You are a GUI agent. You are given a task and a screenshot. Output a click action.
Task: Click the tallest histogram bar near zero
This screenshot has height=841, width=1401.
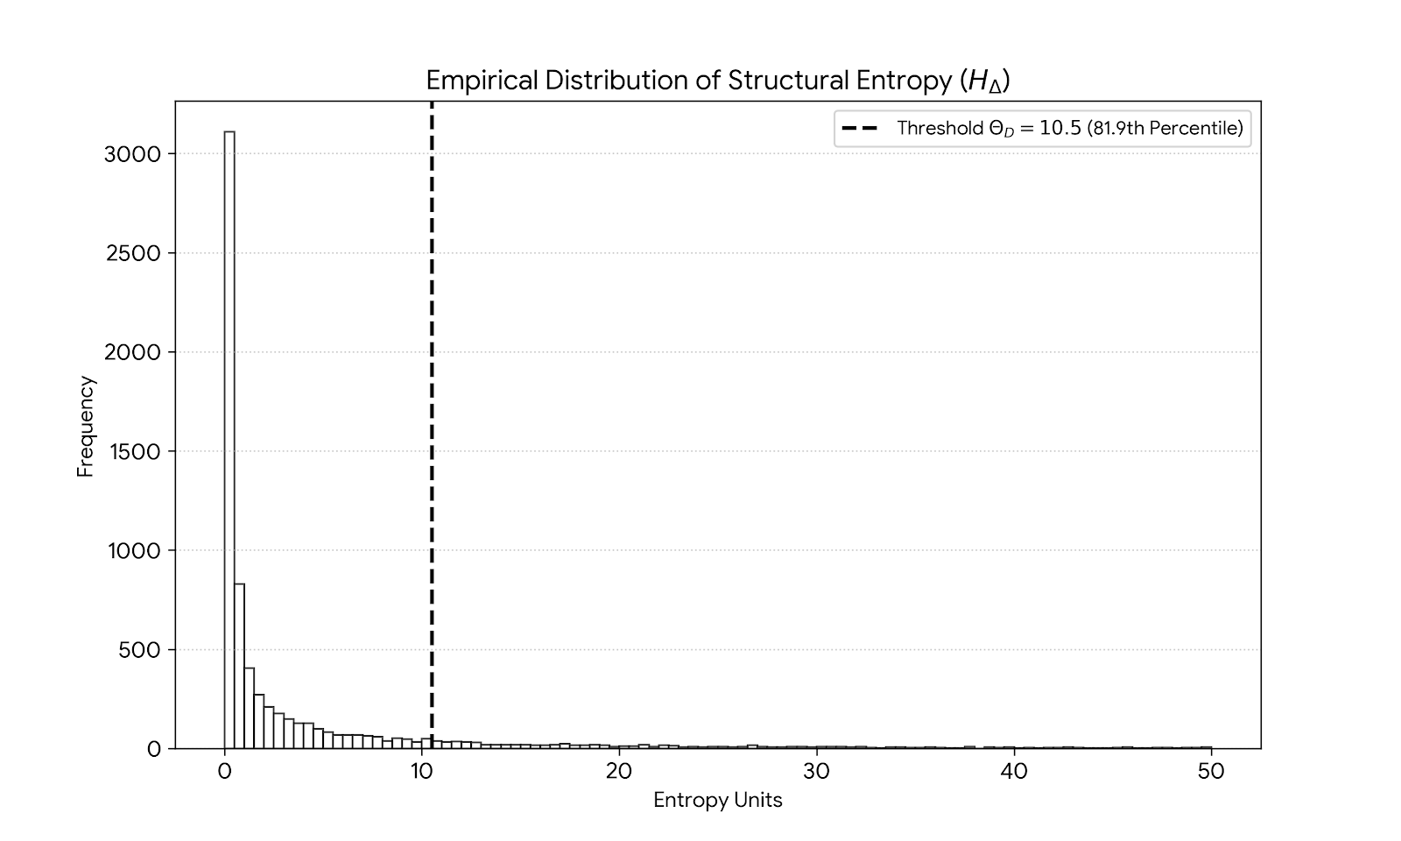point(229,438)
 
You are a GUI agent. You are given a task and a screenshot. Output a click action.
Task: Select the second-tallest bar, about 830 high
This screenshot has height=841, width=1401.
point(239,666)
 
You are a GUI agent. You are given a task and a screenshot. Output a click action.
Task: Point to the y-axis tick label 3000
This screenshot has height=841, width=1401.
point(133,154)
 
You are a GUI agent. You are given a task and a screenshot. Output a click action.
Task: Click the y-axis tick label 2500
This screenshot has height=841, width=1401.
point(133,253)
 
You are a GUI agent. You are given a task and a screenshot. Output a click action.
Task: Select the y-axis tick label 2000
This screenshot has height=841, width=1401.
point(133,352)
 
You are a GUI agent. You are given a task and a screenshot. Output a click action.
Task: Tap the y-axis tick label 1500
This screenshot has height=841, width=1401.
point(133,452)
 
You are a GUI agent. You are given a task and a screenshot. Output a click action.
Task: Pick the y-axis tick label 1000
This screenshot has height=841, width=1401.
point(133,551)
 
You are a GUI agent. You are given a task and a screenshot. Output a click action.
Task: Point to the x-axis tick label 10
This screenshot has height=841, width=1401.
point(422,772)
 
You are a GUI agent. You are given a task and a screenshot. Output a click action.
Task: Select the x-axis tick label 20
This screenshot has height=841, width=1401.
point(619,772)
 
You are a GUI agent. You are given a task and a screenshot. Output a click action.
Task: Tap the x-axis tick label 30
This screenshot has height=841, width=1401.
point(817,772)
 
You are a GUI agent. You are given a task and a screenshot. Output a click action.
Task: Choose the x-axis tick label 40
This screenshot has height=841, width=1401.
point(1014,772)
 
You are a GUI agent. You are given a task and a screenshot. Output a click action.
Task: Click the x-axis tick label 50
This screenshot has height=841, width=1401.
point(1211,772)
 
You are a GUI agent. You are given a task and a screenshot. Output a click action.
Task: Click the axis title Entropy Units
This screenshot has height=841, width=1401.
point(717,801)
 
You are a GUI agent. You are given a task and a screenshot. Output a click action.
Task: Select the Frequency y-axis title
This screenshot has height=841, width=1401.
point(85,426)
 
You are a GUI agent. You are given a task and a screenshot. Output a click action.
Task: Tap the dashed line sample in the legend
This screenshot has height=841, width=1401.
point(859,129)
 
